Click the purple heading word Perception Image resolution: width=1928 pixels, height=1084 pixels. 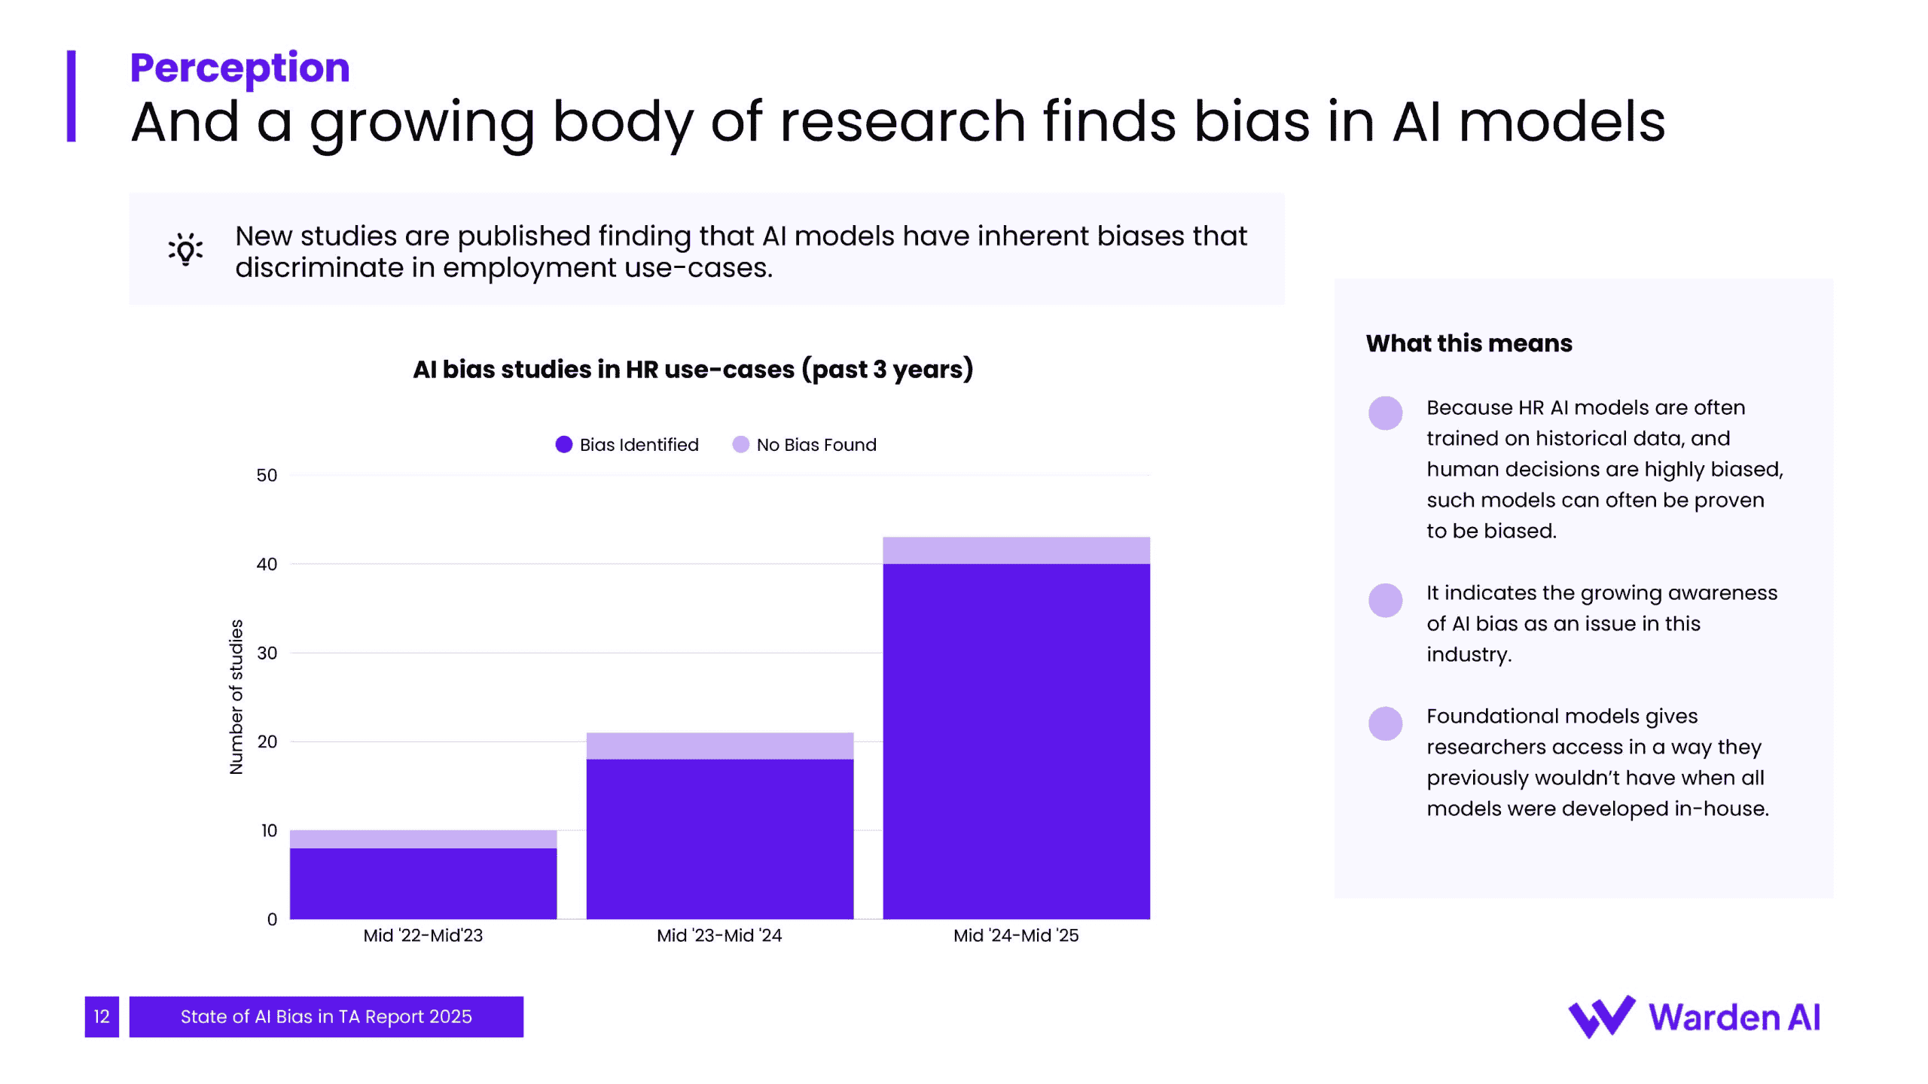click(x=239, y=68)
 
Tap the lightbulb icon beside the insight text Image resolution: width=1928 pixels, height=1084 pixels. click(x=185, y=249)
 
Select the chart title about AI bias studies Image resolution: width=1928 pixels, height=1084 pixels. click(x=693, y=370)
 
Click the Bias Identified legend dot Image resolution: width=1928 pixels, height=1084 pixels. click(x=563, y=445)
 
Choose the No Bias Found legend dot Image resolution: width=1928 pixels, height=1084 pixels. click(x=740, y=445)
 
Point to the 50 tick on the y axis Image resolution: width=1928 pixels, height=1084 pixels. click(x=267, y=476)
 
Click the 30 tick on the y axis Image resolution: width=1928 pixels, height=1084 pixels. click(x=267, y=653)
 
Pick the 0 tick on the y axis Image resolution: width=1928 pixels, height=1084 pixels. click(x=272, y=919)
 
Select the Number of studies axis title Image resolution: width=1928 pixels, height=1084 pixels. click(x=236, y=697)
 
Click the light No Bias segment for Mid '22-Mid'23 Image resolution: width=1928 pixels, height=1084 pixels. click(x=423, y=839)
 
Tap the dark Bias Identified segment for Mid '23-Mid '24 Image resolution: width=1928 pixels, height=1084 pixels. click(x=720, y=839)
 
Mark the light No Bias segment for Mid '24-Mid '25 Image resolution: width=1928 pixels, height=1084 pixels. click(x=1016, y=550)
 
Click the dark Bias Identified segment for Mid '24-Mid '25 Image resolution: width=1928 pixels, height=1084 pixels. click(x=1016, y=741)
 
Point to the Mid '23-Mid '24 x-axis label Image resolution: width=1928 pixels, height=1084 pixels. click(x=719, y=936)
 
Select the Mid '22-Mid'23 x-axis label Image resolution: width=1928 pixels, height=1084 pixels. click(x=423, y=936)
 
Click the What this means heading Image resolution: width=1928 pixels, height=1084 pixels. click(x=1469, y=343)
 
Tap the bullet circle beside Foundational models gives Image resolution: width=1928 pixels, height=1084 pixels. click(x=1385, y=723)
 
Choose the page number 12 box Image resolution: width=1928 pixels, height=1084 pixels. click(x=102, y=1017)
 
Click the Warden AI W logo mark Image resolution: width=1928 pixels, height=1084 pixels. click(x=1601, y=1017)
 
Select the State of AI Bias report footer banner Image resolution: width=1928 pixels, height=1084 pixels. click(x=326, y=1017)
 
